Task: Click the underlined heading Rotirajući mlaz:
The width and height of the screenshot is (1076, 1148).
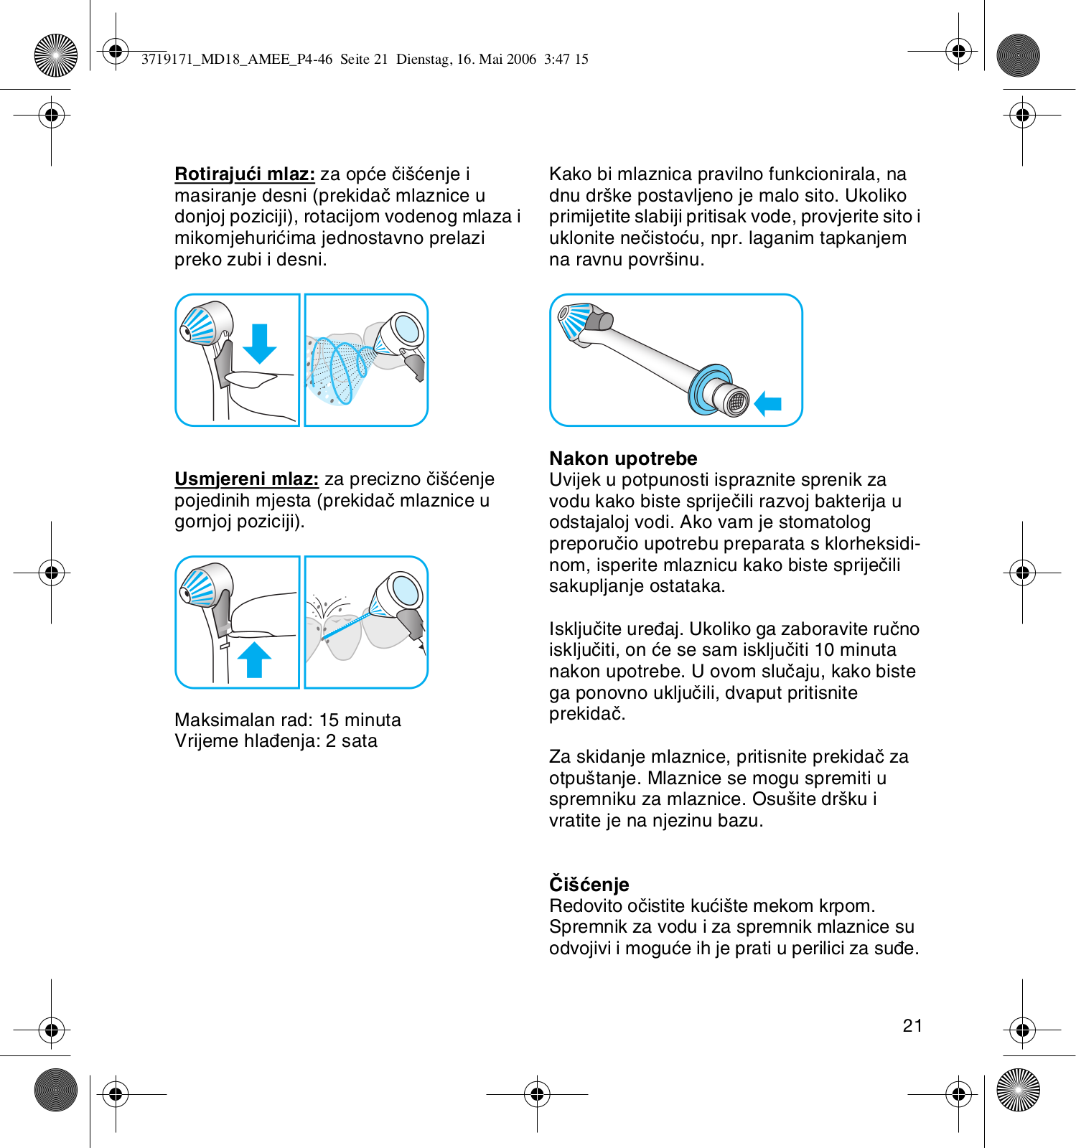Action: (245, 174)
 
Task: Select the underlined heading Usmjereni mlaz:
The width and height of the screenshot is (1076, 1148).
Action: (246, 479)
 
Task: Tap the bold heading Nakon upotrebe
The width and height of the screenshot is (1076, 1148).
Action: (623, 458)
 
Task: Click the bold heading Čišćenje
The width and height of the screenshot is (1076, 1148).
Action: (589, 884)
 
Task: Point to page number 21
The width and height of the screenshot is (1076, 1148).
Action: (912, 1026)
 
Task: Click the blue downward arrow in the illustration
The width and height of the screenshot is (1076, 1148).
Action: (259, 344)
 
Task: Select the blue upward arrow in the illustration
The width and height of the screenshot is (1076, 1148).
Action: (254, 659)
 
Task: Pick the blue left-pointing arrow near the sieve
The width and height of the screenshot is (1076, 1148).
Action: (768, 403)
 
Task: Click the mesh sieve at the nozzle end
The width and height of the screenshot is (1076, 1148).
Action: (736, 402)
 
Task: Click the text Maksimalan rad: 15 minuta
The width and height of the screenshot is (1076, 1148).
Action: (288, 720)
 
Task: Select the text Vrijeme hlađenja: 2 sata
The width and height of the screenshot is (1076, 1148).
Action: (276, 741)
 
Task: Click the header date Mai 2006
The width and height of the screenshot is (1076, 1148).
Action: (507, 60)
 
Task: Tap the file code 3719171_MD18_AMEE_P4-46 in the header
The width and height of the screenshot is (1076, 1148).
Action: (237, 60)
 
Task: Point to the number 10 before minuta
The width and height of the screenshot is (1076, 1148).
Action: (824, 650)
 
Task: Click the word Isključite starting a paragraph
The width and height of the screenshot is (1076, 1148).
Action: (585, 629)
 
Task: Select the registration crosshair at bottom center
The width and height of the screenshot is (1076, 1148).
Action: (537, 1094)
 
